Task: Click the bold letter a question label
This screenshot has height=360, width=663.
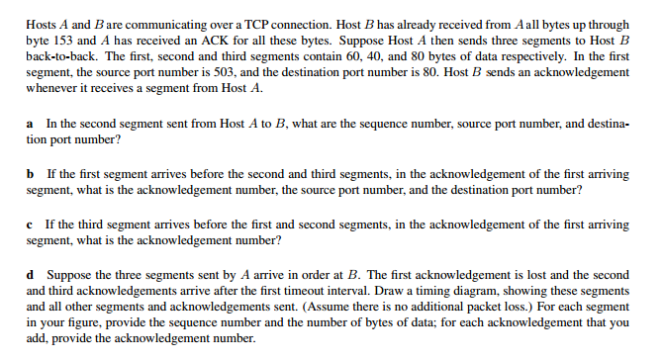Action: [x=30, y=124]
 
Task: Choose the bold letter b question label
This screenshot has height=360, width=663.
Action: [x=31, y=174]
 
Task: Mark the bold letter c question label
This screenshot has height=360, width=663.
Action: [x=30, y=225]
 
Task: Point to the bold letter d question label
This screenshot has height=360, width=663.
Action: [x=31, y=275]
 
